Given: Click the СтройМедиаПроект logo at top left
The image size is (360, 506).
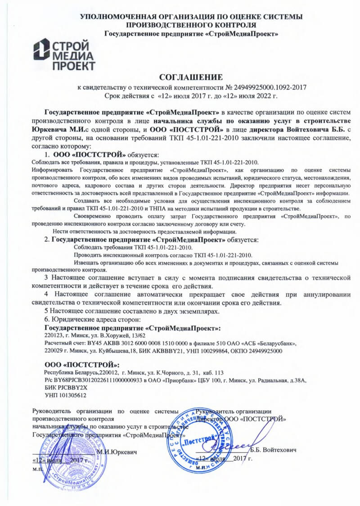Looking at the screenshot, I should click(66, 54).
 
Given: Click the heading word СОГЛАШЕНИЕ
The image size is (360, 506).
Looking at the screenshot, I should click(191, 77).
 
